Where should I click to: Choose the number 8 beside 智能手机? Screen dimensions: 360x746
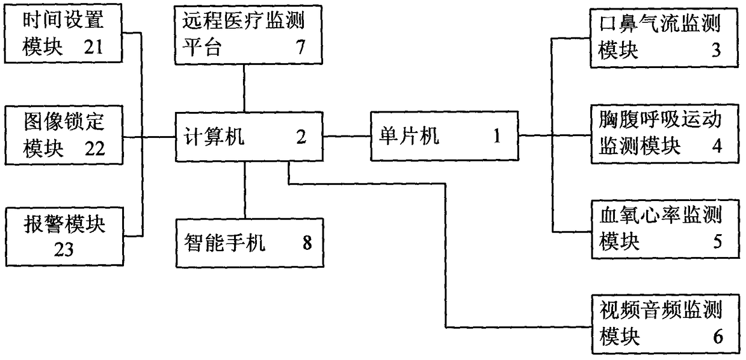(307, 245)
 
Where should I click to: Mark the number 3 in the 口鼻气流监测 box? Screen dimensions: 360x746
(716, 51)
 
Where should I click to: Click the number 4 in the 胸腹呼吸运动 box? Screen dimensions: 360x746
(716, 146)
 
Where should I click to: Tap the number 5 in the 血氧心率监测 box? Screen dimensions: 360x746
(716, 241)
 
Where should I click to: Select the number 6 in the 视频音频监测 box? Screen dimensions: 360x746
(716, 337)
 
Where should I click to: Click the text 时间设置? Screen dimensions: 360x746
(64, 22)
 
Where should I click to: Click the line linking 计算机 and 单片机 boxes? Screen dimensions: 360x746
(347, 136)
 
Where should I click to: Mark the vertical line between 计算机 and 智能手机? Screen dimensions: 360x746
(245, 190)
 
